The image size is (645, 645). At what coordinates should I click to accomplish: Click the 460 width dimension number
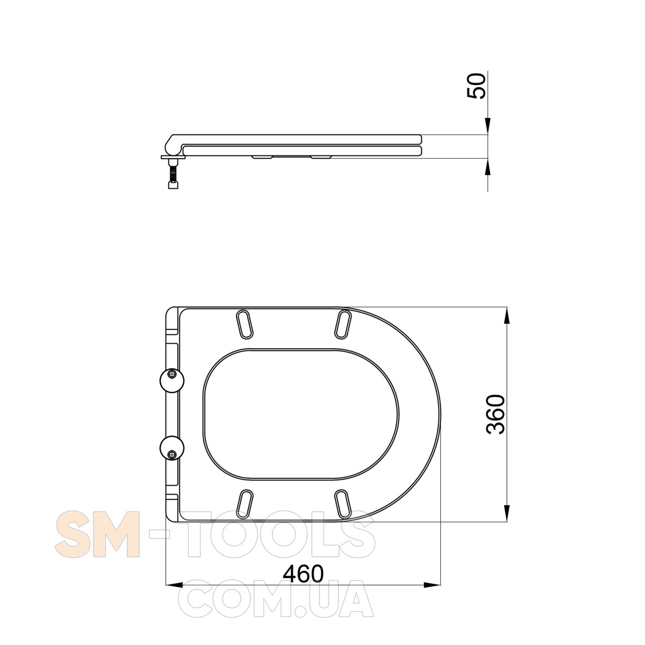point(304,574)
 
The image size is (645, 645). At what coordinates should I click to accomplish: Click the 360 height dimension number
point(496,414)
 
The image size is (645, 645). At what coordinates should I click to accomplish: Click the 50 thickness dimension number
point(476,86)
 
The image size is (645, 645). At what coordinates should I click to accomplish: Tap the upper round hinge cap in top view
point(171,381)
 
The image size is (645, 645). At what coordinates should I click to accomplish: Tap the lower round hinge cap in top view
point(171,448)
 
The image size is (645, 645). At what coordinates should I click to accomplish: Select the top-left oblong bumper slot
point(245,324)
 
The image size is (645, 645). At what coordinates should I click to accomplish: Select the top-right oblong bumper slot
point(343,324)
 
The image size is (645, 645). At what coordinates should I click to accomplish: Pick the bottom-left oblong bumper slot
point(245,504)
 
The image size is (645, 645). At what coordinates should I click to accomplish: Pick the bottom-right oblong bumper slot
point(343,504)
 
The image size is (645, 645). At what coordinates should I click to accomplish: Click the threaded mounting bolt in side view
point(173,174)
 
